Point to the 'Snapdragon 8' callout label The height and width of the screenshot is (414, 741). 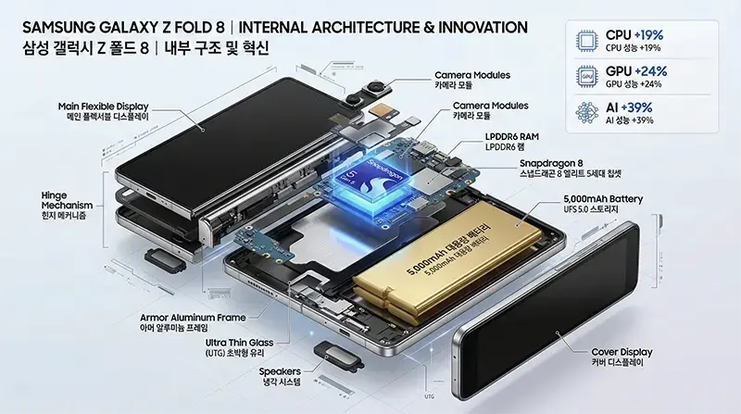(x=556, y=164)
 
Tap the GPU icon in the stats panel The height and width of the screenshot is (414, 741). (x=586, y=76)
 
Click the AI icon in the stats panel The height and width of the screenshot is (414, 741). (x=586, y=112)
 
